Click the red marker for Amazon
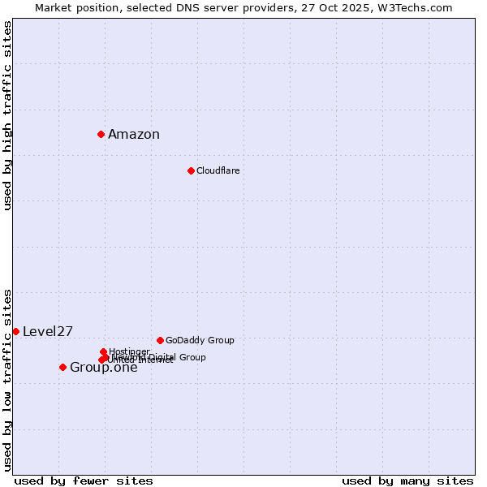(101, 134)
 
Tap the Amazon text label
(134, 135)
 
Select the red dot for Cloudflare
(191, 170)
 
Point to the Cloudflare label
(218, 170)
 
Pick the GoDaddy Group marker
(160, 340)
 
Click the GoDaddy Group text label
(200, 340)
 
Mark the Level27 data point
(15, 331)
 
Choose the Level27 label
(48, 331)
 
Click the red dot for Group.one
(62, 367)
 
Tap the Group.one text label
(104, 368)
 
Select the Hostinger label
(129, 351)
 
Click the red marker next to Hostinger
(103, 351)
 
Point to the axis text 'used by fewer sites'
(84, 481)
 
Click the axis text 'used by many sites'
(407, 481)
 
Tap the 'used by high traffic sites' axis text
(7, 115)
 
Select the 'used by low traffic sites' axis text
(7, 379)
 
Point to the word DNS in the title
(188, 7)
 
